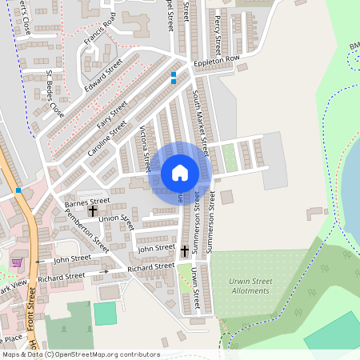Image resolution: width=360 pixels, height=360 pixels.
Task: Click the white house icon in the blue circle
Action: (x=180, y=172)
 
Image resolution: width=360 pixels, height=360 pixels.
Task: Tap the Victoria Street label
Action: (x=145, y=149)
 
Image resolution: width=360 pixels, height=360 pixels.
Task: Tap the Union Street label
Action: (x=115, y=218)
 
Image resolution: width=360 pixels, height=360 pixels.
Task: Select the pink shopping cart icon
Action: (x=17, y=262)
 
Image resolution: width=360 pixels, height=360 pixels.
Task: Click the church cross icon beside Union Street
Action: (x=92, y=212)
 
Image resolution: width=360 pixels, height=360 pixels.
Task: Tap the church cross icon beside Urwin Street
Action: (x=184, y=250)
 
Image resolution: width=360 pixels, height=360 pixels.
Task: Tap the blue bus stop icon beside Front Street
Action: (x=18, y=190)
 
